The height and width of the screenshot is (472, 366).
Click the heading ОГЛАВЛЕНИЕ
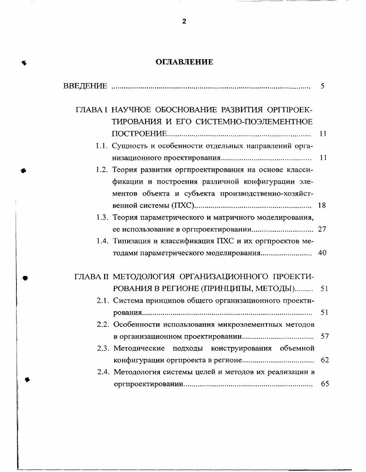[184, 62]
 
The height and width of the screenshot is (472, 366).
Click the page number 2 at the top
[184, 22]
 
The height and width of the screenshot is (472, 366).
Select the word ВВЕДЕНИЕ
[85, 86]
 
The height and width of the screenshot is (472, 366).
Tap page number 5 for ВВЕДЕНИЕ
[323, 86]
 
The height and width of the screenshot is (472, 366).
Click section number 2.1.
[102, 301]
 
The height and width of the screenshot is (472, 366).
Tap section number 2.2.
[102, 325]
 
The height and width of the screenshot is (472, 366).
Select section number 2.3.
[102, 348]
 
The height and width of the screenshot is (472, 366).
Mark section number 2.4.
[102, 372]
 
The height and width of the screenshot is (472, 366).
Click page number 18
[322, 205]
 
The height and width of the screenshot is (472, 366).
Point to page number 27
[322, 229]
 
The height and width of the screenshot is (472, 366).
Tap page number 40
[322, 253]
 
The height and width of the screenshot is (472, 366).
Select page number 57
[324, 337]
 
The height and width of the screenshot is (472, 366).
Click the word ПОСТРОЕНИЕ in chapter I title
[140, 134]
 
